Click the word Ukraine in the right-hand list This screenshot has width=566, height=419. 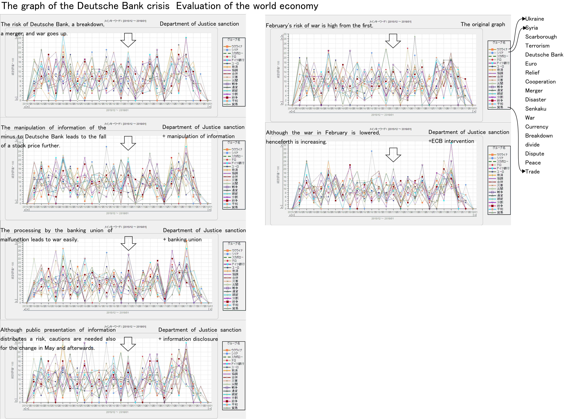[534, 19]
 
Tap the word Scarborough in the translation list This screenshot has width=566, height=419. [541, 37]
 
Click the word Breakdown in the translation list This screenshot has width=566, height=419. [539, 136]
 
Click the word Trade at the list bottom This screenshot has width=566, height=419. [532, 172]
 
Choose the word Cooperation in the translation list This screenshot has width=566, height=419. [540, 82]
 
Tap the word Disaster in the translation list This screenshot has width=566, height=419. [535, 100]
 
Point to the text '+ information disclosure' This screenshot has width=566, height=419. [188, 339]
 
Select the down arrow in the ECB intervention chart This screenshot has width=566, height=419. [393, 155]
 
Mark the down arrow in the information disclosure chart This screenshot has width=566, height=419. [128, 344]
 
